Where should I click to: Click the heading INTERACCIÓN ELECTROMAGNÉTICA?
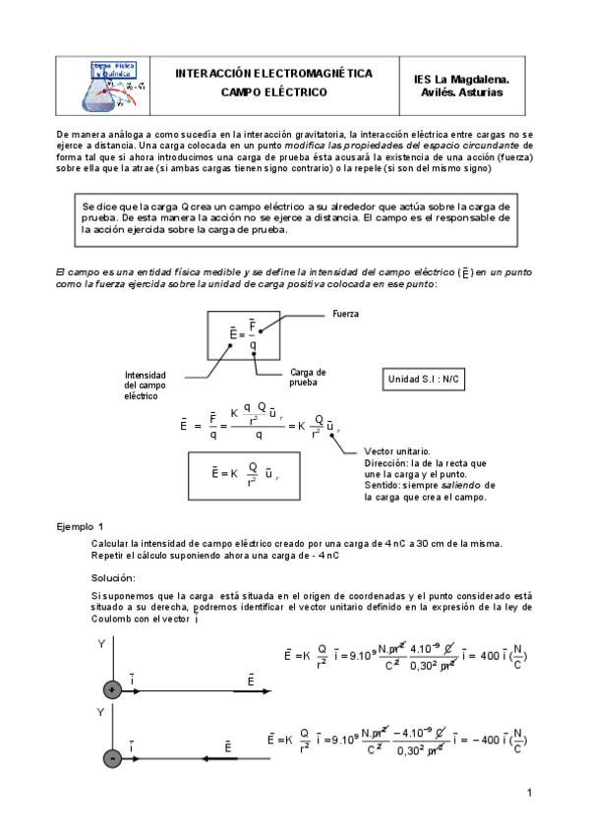[273, 74]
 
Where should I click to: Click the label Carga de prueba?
[308, 377]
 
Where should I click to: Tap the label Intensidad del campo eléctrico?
[146, 385]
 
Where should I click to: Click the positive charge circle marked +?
[112, 690]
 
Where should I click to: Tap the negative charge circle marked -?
[112, 758]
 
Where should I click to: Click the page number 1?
[528, 793]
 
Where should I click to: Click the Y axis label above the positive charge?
[101, 643]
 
